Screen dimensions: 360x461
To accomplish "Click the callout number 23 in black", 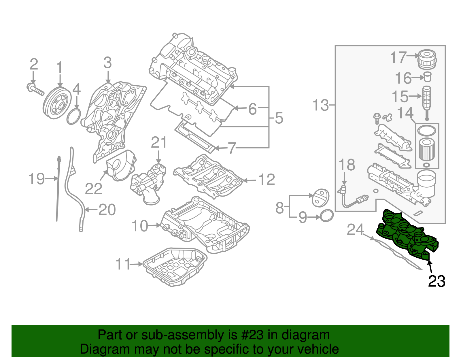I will point(437,281).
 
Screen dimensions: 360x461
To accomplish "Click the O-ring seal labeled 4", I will point(73,116).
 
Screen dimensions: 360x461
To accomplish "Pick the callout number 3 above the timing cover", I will point(107,63).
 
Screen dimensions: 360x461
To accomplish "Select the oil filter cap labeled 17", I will point(427,59).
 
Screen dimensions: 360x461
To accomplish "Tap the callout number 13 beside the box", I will point(320,105).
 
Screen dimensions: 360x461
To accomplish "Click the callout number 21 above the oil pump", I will point(159,142).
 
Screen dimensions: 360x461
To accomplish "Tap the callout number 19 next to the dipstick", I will point(37,179).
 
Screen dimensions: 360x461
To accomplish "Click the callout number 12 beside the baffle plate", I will point(267,180).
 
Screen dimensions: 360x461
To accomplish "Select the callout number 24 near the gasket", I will point(355,229).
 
